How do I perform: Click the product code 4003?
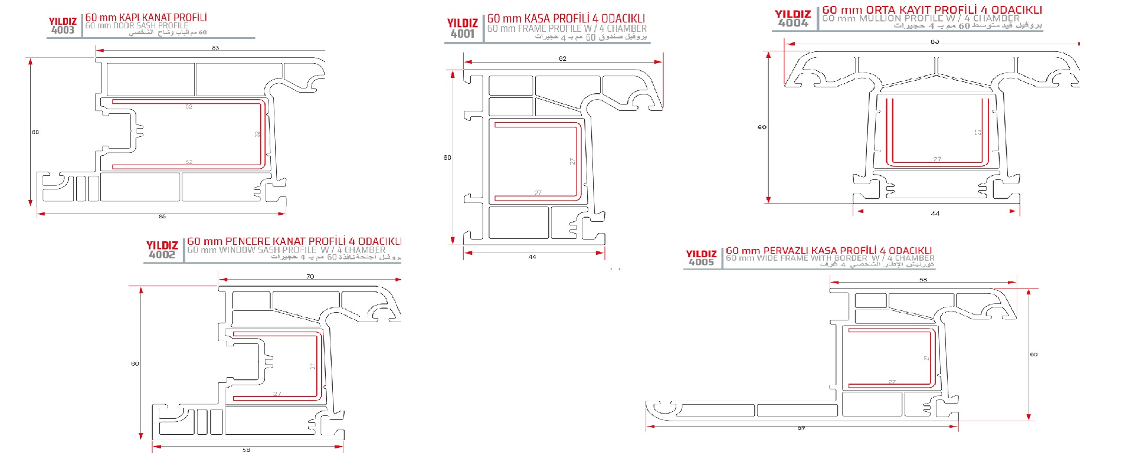(63, 30)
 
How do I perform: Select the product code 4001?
(462, 34)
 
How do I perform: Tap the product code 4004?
(793, 23)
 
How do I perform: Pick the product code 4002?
(162, 255)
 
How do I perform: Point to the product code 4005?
(701, 263)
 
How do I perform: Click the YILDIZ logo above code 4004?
(793, 14)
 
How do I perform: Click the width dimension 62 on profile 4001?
(562, 58)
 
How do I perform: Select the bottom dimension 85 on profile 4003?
(162, 217)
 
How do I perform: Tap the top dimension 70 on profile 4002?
(310, 276)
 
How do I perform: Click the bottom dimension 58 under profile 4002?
(246, 450)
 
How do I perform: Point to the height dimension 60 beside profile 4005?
(1033, 355)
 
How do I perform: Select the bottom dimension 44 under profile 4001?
(532, 257)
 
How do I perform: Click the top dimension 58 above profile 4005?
(923, 280)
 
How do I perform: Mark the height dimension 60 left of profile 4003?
(35, 132)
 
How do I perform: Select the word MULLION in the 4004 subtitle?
(882, 18)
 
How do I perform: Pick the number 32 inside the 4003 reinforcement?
(257, 134)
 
